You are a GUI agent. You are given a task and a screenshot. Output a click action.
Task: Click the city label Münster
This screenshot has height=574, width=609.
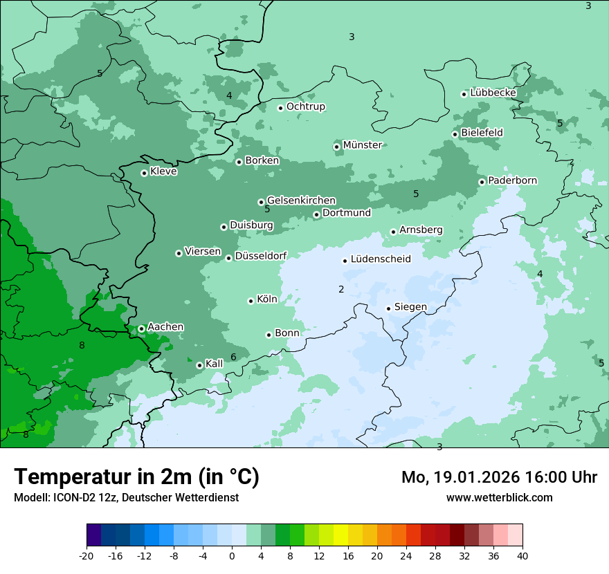click(362, 145)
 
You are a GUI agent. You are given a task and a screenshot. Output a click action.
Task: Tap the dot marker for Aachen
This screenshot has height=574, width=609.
click(141, 328)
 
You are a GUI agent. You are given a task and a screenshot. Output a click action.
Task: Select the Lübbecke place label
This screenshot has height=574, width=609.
click(493, 93)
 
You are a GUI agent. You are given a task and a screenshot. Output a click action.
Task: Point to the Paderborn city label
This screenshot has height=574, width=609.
click(512, 180)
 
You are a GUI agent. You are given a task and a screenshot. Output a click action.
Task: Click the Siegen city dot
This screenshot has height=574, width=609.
click(388, 308)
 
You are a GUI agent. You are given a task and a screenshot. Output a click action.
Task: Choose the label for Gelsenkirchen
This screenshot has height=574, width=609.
click(301, 201)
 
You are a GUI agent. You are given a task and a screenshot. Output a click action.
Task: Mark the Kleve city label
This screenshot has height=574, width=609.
click(163, 172)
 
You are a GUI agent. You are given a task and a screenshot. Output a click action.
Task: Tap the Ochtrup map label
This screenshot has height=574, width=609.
click(305, 107)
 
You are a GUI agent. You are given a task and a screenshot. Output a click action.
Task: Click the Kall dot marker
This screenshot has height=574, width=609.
click(199, 365)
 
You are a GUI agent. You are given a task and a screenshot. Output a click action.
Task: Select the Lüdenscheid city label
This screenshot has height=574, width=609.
click(381, 259)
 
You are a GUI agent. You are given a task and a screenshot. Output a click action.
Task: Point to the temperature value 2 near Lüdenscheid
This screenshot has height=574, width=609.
click(341, 289)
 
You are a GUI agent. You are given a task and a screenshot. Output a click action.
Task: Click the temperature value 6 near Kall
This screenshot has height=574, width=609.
click(233, 357)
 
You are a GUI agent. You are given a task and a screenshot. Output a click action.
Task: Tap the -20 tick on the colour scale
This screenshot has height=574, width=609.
click(87, 555)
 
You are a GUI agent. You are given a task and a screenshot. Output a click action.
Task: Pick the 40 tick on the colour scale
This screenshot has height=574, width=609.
click(522, 555)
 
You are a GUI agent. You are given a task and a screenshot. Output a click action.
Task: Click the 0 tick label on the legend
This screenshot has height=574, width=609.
click(232, 555)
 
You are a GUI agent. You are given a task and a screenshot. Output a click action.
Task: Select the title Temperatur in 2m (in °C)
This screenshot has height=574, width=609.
click(136, 477)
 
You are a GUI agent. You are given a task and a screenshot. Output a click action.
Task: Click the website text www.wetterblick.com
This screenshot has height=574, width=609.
click(499, 497)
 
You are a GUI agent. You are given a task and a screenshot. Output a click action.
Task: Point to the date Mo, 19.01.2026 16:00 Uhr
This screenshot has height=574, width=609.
click(499, 477)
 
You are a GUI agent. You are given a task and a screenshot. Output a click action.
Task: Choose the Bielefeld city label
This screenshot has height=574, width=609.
click(482, 132)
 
